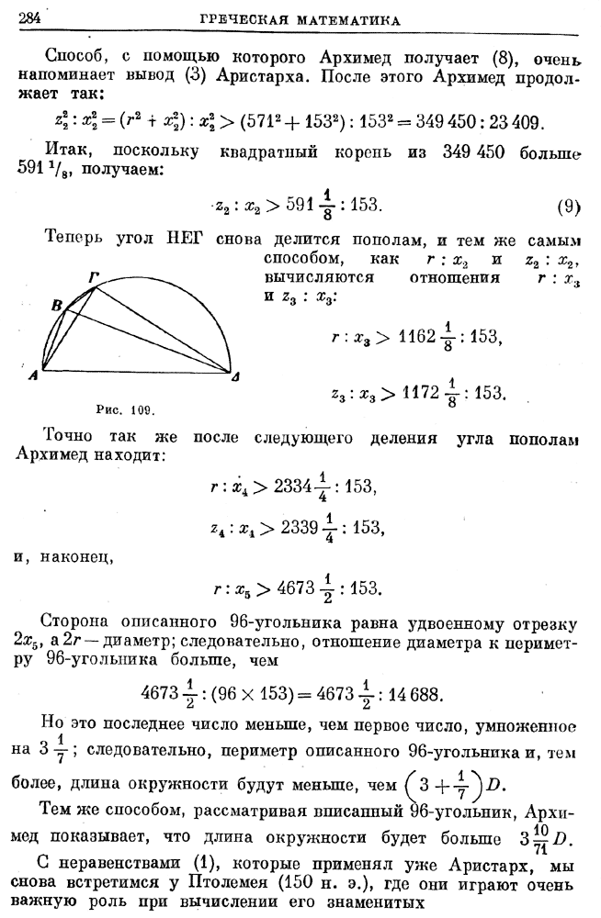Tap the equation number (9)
click(x=570, y=206)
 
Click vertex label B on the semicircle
click(x=56, y=305)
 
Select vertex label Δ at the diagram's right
click(x=238, y=377)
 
